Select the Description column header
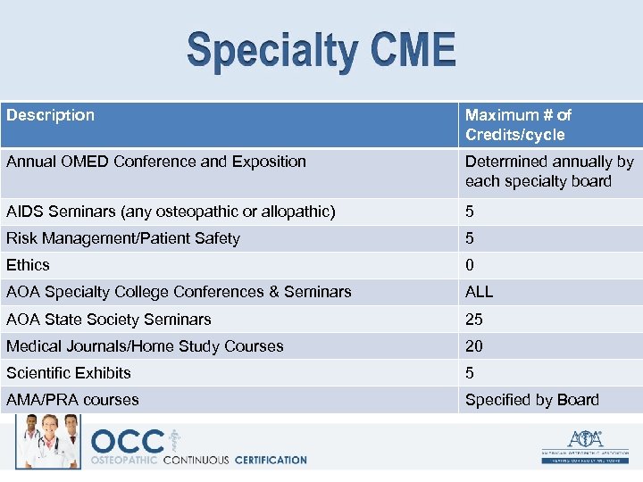coord(51,115)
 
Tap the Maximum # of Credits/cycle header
coord(518,125)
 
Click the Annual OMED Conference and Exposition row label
coord(156,162)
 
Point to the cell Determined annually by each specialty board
coord(548,171)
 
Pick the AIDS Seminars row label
coord(171,212)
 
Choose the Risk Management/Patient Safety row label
coord(123,238)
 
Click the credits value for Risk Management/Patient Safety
coord(470,238)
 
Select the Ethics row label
coord(29,265)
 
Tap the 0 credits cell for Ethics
coord(470,265)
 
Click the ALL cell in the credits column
coord(479,292)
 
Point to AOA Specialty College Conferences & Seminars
coord(179,292)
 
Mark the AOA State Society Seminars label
coord(109,319)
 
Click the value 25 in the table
coord(474,319)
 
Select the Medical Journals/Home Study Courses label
coord(145,345)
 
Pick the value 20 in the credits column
coord(474,345)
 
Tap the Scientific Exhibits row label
coord(69,372)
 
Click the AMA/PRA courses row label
coord(72,399)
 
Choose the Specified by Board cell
coord(531,399)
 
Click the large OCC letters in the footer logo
coord(128,442)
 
